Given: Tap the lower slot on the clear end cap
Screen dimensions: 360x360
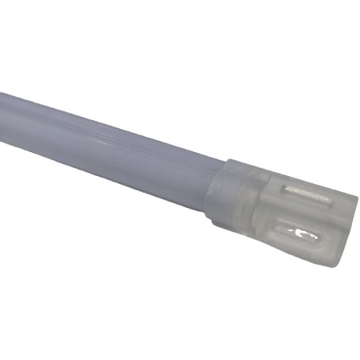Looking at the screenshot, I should coord(299,234).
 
